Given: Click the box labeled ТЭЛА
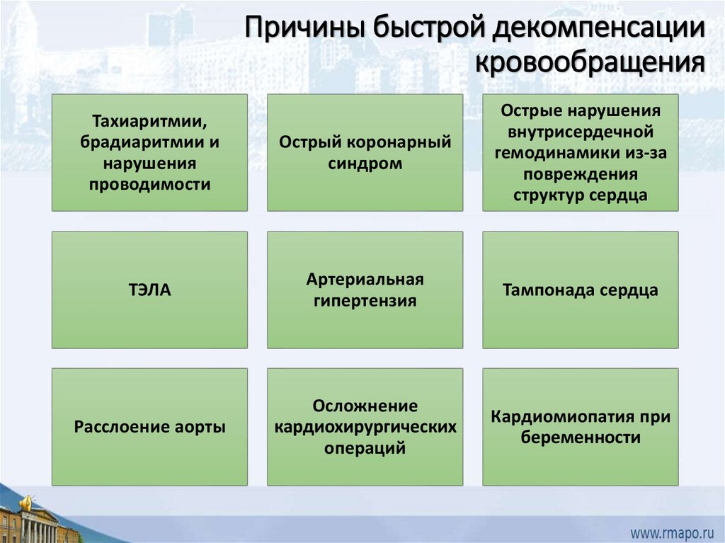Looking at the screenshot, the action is click(149, 290).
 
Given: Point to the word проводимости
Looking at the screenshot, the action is click(149, 185).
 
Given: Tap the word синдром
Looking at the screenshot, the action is click(365, 164).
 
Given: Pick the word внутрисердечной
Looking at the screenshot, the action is click(581, 132).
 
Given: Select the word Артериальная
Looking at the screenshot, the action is click(365, 279).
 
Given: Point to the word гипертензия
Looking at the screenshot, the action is click(365, 300).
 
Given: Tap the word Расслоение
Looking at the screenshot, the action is click(121, 427).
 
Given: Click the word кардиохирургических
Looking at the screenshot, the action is click(365, 427).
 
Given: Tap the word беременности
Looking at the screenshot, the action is click(581, 438).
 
